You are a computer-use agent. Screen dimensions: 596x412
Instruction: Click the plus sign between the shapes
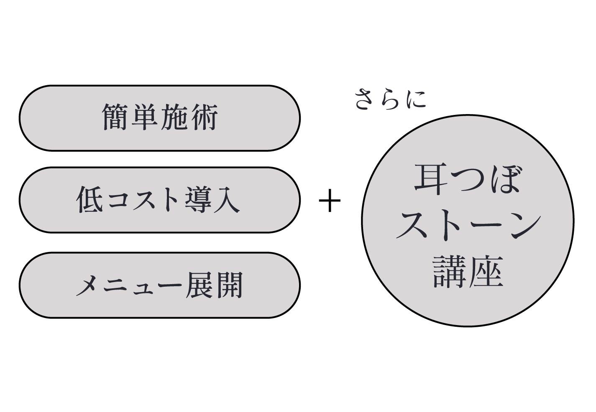(x=330, y=201)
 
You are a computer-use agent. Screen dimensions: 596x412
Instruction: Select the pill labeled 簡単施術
(x=160, y=118)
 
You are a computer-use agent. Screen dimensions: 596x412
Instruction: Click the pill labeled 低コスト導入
(x=160, y=200)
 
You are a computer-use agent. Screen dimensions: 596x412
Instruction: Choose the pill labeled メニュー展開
(x=160, y=285)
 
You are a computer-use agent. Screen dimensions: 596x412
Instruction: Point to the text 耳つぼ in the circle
(x=467, y=180)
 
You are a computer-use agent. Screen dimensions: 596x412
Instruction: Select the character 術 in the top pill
(x=205, y=117)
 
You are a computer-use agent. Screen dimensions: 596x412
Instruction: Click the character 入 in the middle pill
(x=226, y=200)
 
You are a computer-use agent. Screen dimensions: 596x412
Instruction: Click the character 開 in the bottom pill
(x=228, y=285)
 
